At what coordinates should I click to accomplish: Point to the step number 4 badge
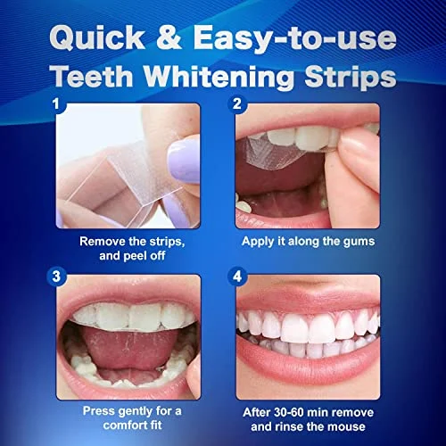tap(236, 277)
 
